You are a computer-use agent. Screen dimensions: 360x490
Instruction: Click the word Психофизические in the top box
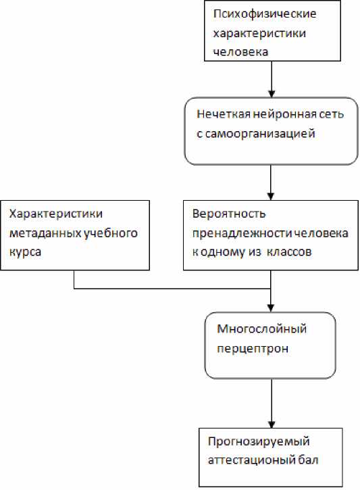265,14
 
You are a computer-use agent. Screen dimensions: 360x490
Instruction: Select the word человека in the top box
240,52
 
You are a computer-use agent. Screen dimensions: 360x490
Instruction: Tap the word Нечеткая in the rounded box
224,114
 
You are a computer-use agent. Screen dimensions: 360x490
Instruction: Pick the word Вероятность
229,214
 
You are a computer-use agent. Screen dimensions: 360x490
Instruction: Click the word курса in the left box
25,253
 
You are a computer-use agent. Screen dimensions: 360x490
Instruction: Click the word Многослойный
261,329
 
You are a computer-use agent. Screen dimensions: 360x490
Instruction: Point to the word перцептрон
253,349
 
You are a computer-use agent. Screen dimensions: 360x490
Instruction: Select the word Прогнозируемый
259,442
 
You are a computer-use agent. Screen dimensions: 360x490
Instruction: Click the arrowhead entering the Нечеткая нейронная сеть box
272,94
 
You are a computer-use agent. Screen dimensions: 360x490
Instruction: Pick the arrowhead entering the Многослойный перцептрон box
271,308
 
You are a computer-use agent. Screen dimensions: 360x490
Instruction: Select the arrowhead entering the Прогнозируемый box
272,424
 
